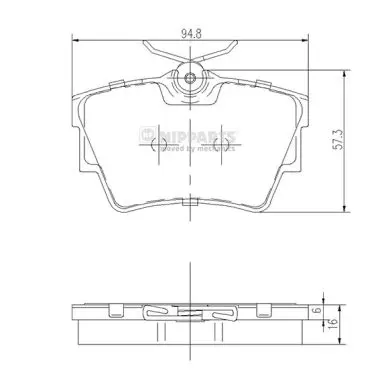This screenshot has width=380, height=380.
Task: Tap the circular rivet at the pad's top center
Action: click(190, 78)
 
